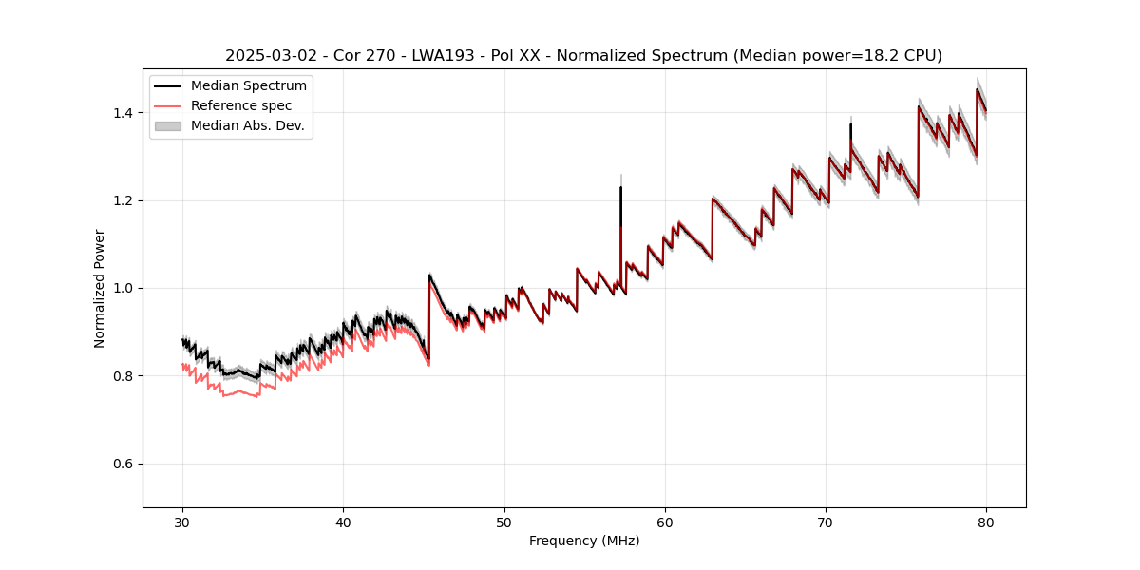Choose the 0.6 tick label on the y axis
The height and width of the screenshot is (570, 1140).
tap(125, 464)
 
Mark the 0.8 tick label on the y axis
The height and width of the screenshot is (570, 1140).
tap(125, 376)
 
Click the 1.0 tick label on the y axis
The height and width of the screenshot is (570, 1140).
tap(125, 288)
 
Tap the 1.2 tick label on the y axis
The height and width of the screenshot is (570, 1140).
tap(125, 200)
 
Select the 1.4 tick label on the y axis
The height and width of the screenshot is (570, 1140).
tap(125, 113)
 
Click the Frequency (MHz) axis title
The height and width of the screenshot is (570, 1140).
tap(584, 541)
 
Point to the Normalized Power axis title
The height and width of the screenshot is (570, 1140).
tap(100, 288)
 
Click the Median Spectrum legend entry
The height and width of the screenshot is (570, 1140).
tap(248, 86)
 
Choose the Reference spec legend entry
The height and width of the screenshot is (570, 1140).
tap(241, 105)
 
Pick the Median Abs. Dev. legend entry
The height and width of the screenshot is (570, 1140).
tap(247, 125)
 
